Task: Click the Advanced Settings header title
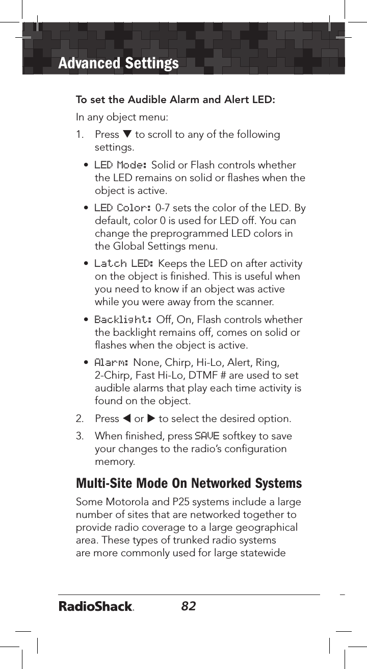(118, 63)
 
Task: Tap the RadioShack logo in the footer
(96, 607)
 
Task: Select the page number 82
(189, 606)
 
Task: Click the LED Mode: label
(121, 165)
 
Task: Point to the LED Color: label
(123, 208)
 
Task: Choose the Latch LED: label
(124, 264)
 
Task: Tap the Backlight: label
(123, 319)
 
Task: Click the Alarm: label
(112, 362)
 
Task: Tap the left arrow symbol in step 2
(126, 419)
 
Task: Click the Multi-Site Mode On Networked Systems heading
(189, 483)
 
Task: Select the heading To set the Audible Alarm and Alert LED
(175, 99)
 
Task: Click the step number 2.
(80, 419)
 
